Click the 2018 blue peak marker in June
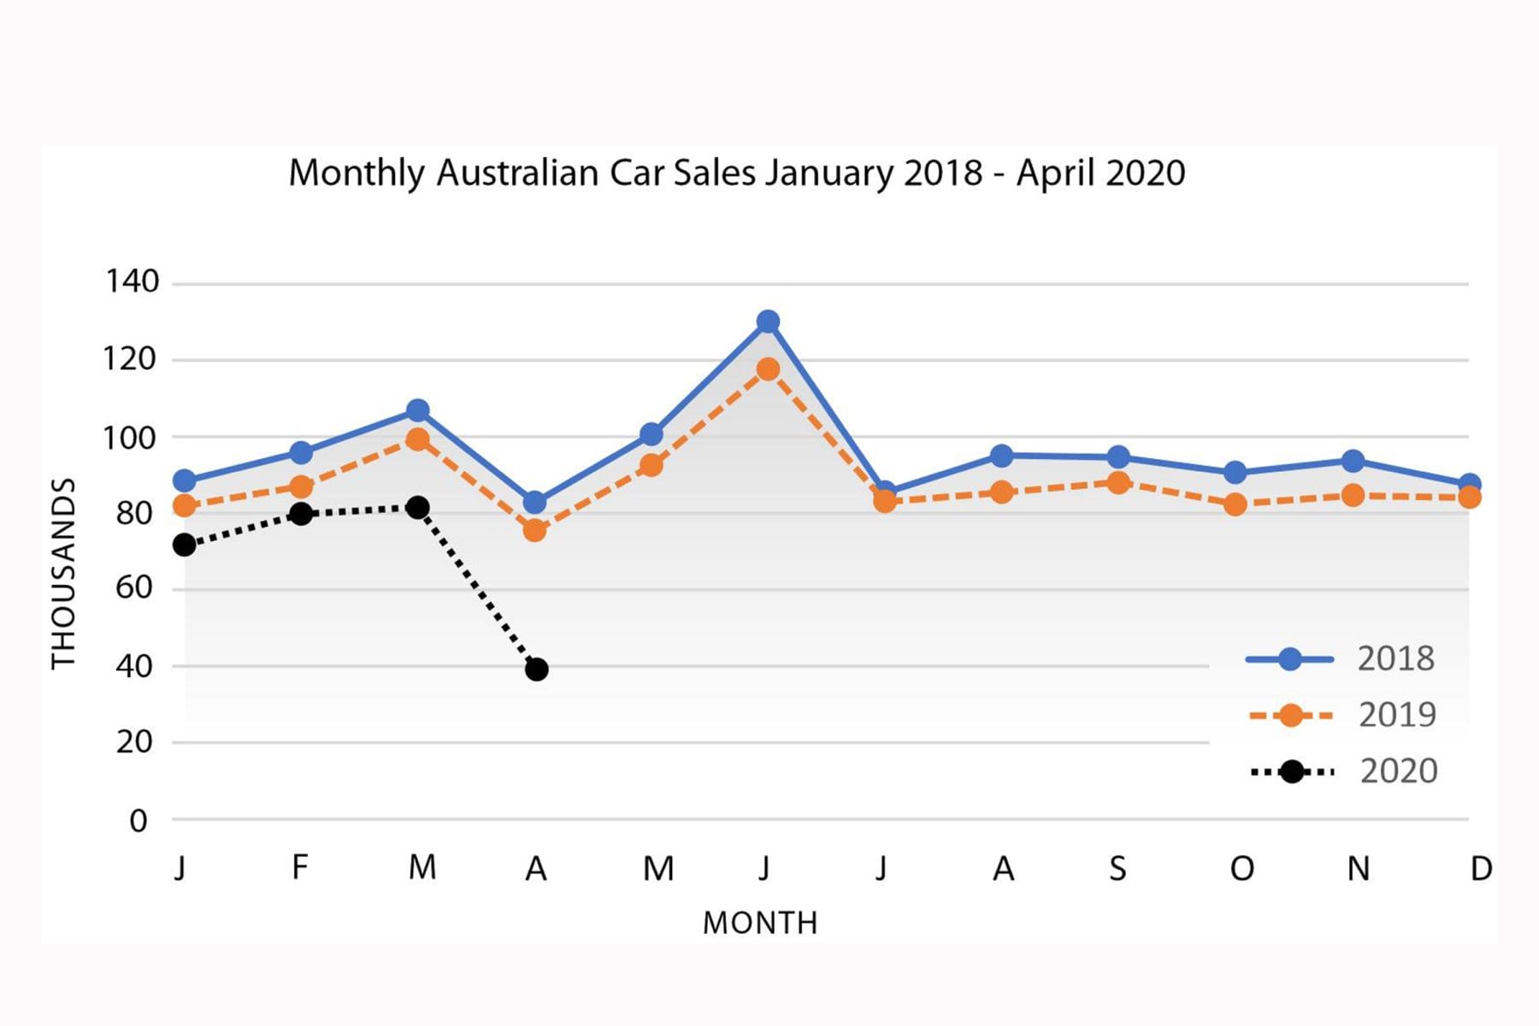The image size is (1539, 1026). pos(768,321)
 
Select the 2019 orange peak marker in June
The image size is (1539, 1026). pos(768,369)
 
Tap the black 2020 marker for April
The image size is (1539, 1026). pos(536,669)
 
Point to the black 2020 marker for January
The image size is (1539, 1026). pos(184,545)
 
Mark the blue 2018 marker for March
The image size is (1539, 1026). pos(417,410)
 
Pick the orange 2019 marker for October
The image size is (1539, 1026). pos(1235,504)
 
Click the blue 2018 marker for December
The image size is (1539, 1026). pos(1470,484)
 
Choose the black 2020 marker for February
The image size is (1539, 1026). pos(300,514)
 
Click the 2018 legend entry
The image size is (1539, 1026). pos(1341,659)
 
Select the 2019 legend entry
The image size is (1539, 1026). pos(1342,715)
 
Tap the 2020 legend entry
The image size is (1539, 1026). pos(1343,771)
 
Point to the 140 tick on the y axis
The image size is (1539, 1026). pos(132,281)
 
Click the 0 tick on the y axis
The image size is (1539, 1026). pos(139,821)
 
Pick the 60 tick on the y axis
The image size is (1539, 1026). pos(134,588)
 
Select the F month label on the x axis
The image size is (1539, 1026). pos(299,867)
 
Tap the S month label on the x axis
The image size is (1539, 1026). pos(1117,869)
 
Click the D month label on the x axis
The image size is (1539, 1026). pos(1482,869)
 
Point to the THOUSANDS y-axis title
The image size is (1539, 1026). pos(64,573)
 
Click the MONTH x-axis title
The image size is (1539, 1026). pos(760,923)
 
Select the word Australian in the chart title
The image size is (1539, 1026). pos(517,173)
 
